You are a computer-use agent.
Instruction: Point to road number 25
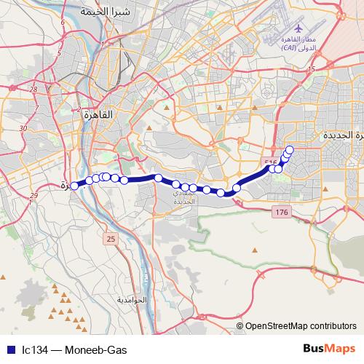(x=111, y=238)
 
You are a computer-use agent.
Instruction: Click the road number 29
(x=34, y=197)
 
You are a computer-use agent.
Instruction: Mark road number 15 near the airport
(x=311, y=68)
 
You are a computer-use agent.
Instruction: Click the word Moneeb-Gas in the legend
(x=90, y=349)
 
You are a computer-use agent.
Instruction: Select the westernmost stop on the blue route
(x=74, y=186)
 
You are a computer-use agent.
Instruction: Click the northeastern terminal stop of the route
(x=290, y=150)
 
